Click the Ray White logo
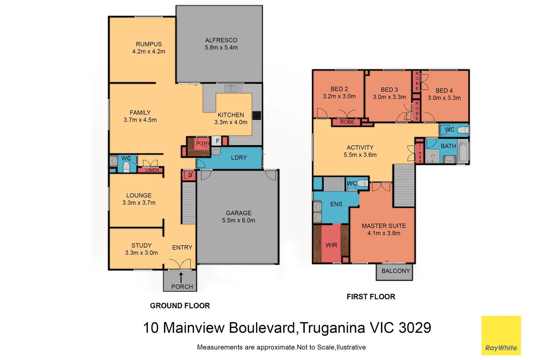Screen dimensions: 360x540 point(501,336)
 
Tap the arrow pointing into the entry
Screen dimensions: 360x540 point(181,278)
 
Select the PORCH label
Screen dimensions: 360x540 point(182,287)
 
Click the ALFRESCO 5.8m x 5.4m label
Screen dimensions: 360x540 point(221,44)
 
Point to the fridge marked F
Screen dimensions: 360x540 point(217,141)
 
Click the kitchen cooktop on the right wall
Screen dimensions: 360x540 point(257,115)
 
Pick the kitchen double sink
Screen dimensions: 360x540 point(230,89)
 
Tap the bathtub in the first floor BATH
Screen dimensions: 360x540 point(463,151)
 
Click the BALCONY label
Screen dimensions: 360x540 point(395,271)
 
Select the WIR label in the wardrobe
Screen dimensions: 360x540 point(331,245)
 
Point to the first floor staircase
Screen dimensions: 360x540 point(404,185)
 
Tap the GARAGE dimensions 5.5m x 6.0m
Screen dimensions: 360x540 point(238,220)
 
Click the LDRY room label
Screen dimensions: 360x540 point(239,158)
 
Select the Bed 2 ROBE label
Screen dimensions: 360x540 point(347,122)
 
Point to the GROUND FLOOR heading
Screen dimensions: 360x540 point(180,306)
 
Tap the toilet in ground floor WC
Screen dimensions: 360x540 point(126,166)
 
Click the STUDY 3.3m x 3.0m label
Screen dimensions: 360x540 point(141,249)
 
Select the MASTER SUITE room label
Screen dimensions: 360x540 point(384,226)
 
